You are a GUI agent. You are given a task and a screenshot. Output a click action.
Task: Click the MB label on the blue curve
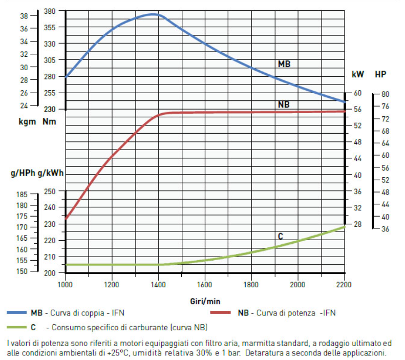coord(284,65)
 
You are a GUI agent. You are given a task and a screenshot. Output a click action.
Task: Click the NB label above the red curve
coord(284,104)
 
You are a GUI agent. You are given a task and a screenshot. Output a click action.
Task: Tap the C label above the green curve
coord(280,237)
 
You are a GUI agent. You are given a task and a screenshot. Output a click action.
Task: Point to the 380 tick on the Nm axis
coord(50,11)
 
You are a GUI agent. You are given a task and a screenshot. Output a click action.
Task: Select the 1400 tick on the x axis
coord(158,284)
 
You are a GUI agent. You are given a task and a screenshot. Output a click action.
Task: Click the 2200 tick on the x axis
coord(344,284)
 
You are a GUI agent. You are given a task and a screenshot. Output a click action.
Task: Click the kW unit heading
coord(358,74)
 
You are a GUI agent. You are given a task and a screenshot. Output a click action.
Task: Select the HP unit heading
coord(380,74)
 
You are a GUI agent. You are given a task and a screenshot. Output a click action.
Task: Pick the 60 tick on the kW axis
coord(357,93)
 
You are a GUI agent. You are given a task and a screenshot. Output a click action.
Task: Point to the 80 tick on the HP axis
coord(385,94)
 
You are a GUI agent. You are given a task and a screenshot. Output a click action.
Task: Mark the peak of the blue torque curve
coord(154,14)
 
